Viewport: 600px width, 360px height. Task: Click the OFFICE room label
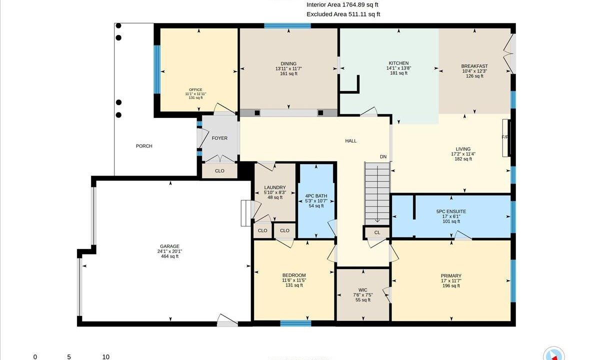195,89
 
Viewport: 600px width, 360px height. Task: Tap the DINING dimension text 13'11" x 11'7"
288,68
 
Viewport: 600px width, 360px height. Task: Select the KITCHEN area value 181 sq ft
398,73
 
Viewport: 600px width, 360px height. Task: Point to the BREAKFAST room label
474,66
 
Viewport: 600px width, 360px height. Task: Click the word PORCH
144,146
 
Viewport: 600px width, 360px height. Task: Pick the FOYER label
219,138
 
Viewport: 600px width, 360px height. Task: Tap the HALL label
350,141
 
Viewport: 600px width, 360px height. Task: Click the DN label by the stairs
383,156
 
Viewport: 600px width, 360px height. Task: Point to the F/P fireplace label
505,137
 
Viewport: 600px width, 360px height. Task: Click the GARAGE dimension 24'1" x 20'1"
169,251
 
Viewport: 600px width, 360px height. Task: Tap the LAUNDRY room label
275,187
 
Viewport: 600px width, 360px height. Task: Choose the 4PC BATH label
316,196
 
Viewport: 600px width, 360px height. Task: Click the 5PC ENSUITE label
451,211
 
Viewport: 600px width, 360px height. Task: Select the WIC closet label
362,290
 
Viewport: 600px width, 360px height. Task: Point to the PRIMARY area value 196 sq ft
451,286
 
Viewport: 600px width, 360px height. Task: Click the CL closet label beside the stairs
377,232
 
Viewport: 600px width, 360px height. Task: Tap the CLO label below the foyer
219,171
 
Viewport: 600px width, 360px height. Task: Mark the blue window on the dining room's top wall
287,26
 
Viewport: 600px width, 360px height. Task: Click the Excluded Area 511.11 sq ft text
343,14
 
